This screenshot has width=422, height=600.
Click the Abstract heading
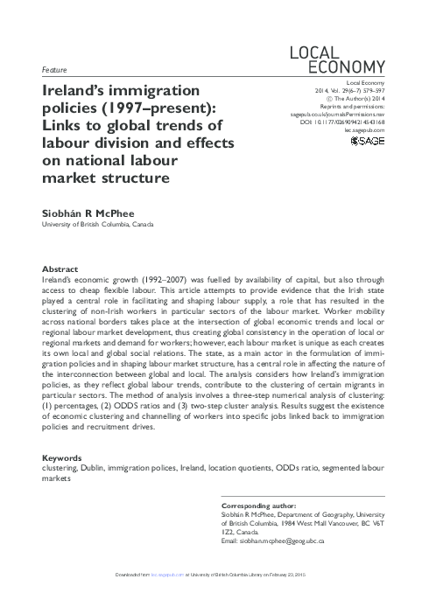(x=60, y=269)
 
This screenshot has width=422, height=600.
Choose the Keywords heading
(x=62, y=458)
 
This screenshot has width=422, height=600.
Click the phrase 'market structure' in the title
(x=92, y=179)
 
